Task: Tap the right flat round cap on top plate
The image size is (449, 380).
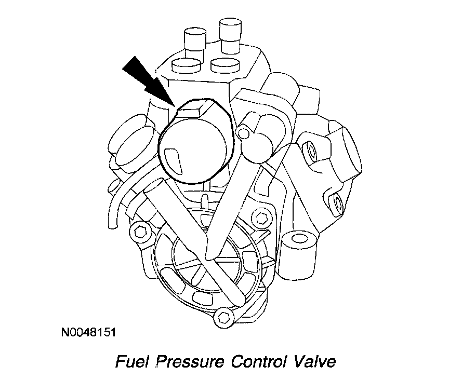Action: pyautogui.click(x=226, y=64)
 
